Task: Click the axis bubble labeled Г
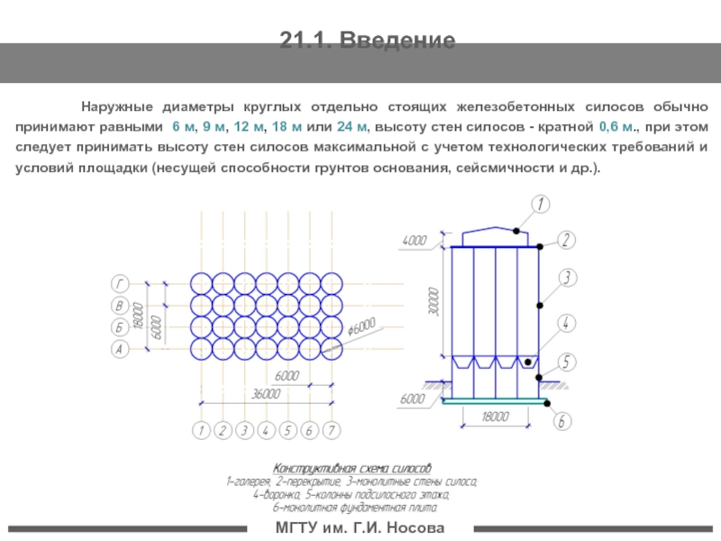(117, 280)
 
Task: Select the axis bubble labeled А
(117, 348)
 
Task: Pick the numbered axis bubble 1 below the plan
(202, 430)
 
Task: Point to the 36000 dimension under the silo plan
(266, 393)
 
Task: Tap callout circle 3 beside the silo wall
(567, 278)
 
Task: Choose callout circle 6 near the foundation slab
(562, 420)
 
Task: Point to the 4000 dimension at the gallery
(415, 240)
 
